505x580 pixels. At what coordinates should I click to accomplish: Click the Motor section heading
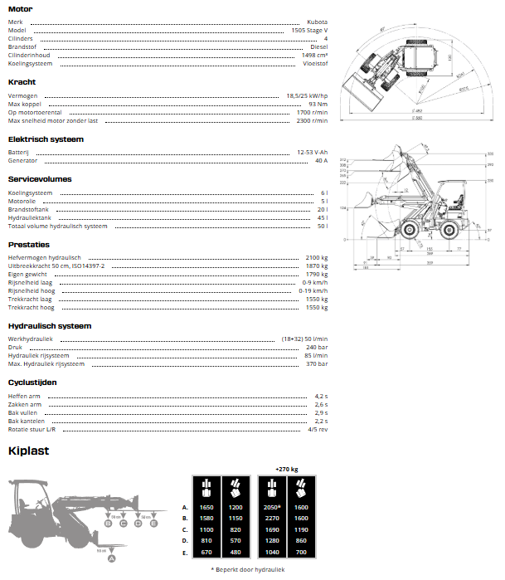coord(20,8)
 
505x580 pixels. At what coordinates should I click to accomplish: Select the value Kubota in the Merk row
coord(317,22)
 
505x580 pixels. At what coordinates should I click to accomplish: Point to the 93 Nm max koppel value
coord(318,104)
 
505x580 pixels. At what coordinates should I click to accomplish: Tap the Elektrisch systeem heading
coord(46,139)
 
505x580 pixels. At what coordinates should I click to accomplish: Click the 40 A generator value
coord(321,160)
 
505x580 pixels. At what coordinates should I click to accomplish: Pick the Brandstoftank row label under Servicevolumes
coord(27,209)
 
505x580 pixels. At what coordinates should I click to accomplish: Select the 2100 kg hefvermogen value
coord(317,257)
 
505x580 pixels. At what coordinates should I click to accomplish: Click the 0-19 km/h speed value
coord(313,290)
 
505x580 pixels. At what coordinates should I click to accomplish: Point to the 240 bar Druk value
coord(317,347)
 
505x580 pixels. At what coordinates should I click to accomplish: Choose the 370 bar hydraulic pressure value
coord(317,363)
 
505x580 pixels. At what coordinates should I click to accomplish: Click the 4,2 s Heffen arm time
coord(321,396)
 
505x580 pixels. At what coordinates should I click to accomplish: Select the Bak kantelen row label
coord(27,421)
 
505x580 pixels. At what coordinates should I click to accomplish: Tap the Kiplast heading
coord(28,451)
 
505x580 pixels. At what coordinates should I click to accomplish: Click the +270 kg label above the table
coord(287,469)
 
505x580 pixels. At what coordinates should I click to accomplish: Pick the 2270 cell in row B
coord(271,518)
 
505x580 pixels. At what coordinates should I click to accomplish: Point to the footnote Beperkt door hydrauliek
coord(250,569)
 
